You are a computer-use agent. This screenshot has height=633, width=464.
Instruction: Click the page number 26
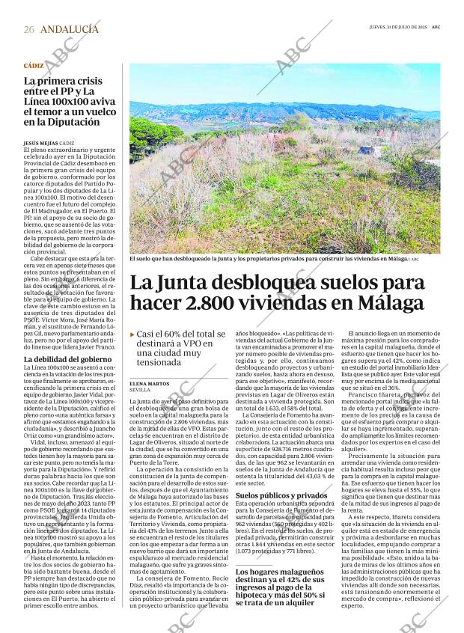28,28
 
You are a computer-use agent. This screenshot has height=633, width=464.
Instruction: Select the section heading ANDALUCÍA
70,28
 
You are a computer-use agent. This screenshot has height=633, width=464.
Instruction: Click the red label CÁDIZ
34,67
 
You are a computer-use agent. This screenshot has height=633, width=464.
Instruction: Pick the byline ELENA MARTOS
149,383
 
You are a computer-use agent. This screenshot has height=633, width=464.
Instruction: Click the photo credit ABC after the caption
415,259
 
